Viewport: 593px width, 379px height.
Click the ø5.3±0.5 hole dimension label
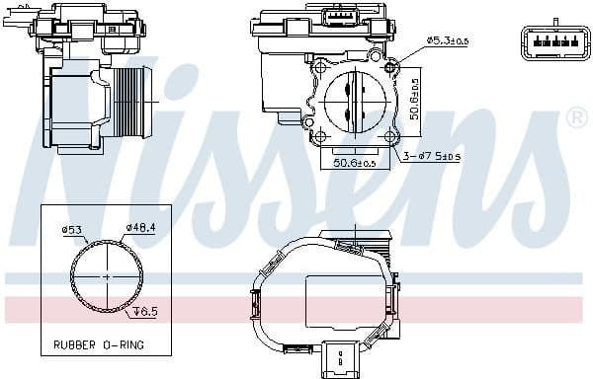[448, 40]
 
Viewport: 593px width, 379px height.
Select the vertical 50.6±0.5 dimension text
[416, 99]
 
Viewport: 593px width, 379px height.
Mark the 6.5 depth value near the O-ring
[145, 311]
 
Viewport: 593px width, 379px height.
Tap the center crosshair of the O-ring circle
[104, 277]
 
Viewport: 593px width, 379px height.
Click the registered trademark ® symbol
[576, 118]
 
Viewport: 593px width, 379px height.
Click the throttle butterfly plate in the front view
[354, 101]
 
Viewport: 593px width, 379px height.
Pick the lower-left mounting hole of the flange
[319, 134]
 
